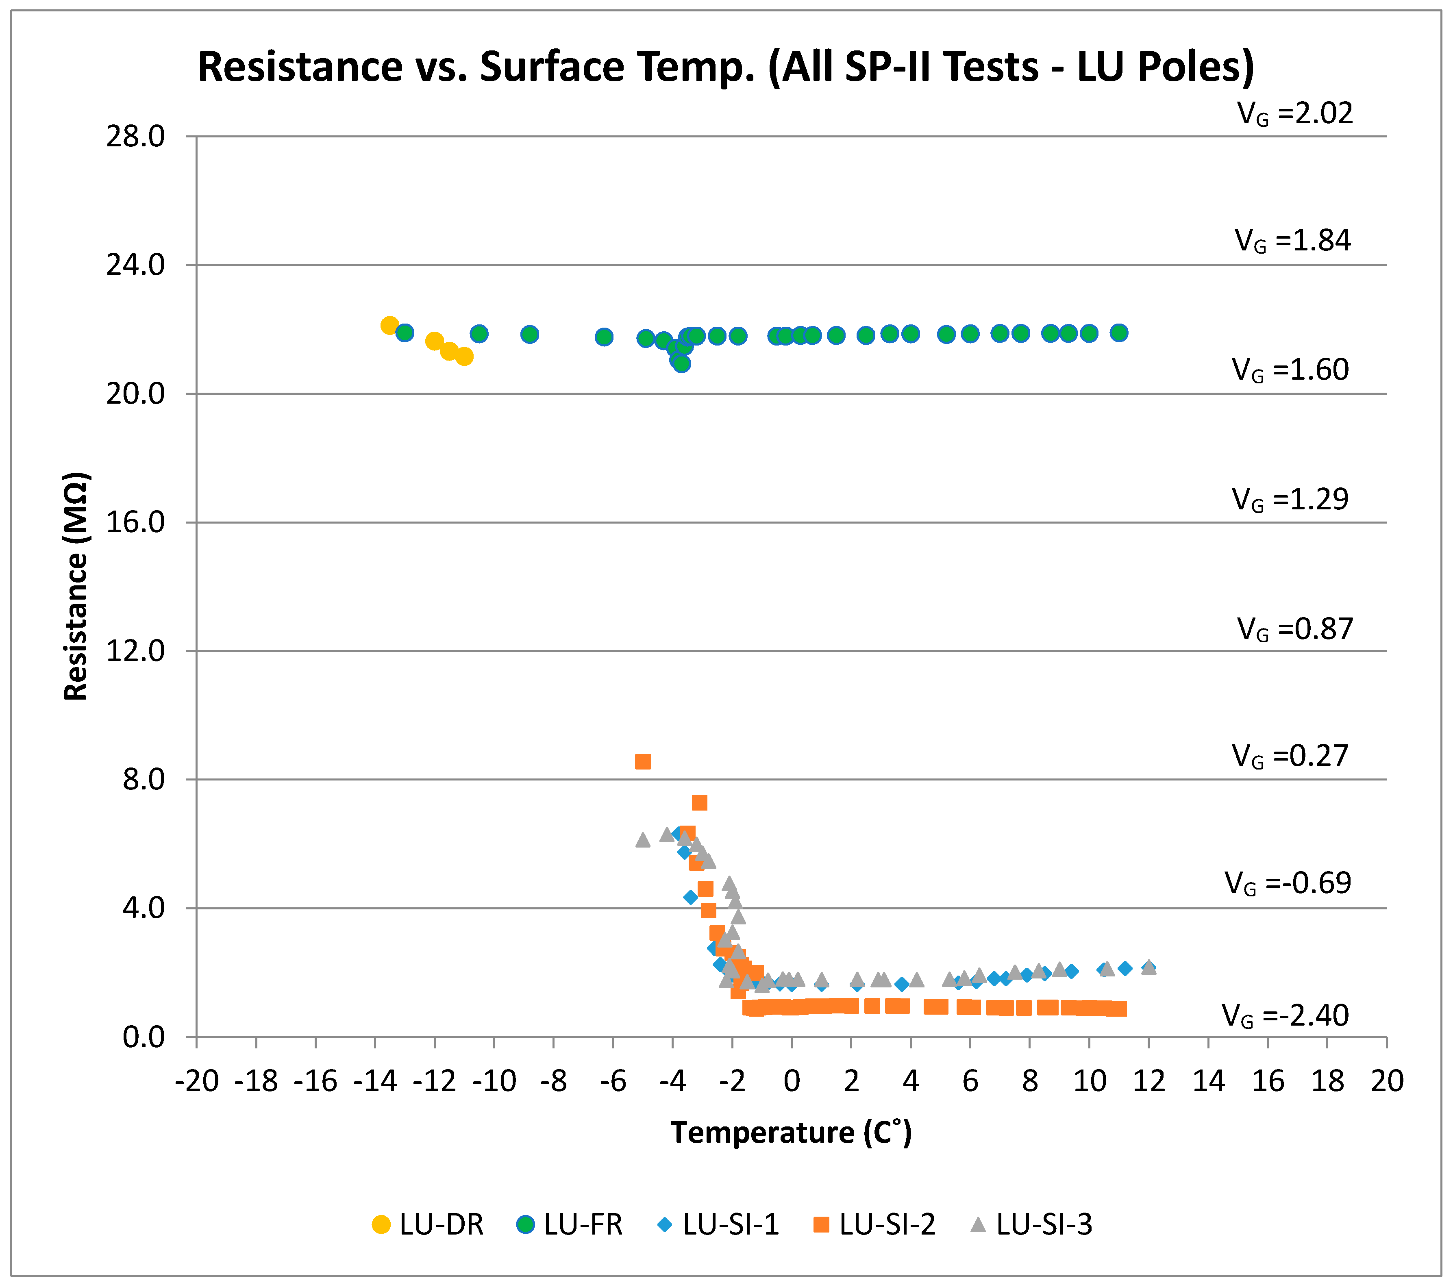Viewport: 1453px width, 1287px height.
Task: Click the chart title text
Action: tap(725, 67)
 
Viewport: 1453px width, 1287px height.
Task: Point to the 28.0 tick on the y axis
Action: tap(135, 137)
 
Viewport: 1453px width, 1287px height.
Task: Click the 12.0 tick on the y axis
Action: tap(135, 650)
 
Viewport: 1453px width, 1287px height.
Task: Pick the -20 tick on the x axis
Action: tap(196, 1081)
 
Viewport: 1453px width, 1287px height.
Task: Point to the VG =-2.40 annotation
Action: tap(1285, 1015)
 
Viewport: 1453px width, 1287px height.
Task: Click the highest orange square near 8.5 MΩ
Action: tap(643, 762)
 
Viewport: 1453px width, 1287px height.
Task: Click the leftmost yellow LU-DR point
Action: tap(389, 326)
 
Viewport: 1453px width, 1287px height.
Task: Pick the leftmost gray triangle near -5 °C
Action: tap(643, 840)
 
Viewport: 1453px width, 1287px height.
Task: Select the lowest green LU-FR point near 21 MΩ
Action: tap(682, 364)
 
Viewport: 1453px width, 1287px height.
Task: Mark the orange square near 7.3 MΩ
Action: tap(700, 803)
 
